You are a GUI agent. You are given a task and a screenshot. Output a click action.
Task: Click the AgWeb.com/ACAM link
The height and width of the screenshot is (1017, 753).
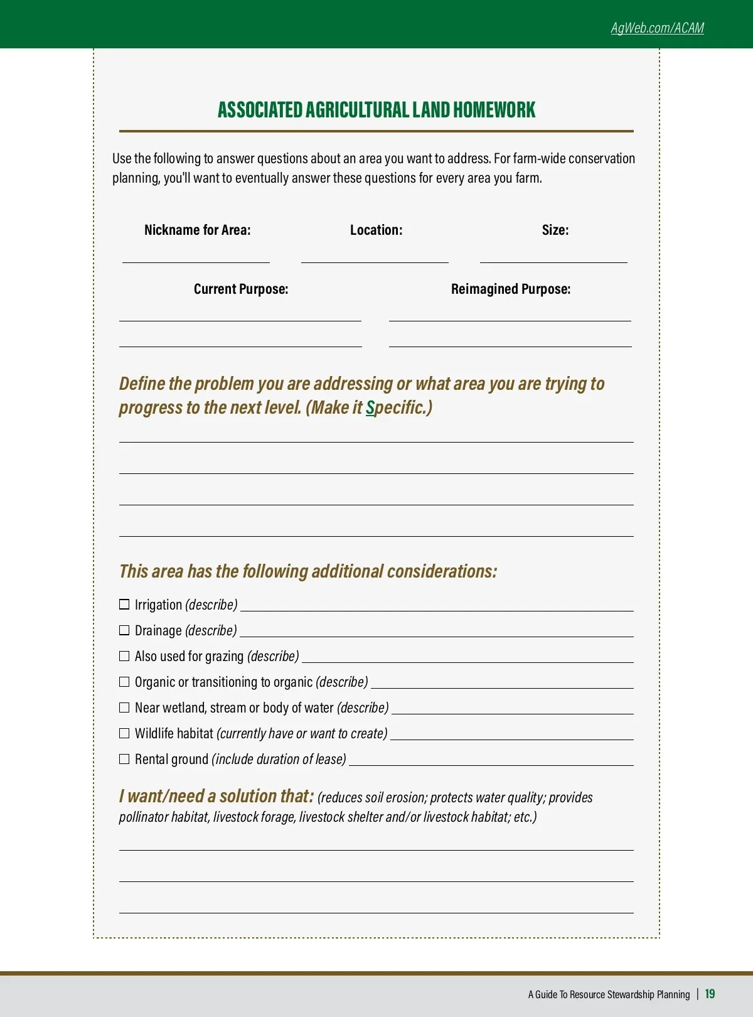click(x=657, y=28)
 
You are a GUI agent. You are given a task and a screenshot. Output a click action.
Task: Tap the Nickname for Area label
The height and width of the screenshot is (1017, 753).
click(x=197, y=230)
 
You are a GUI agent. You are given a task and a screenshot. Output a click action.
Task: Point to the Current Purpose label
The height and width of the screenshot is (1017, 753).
click(x=241, y=289)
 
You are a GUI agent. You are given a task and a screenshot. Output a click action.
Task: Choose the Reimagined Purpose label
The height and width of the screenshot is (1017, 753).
click(x=511, y=289)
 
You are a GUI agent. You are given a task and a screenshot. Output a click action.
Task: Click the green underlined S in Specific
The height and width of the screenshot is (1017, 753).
click(x=370, y=408)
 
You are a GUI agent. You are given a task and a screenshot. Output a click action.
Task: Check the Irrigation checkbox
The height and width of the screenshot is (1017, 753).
click(x=124, y=605)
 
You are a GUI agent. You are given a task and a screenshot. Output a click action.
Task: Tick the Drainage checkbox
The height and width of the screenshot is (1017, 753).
click(x=124, y=630)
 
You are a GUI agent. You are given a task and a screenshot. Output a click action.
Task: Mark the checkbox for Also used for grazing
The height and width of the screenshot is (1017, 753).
click(x=124, y=656)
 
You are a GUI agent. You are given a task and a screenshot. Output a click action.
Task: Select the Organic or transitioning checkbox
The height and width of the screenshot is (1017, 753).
click(x=124, y=682)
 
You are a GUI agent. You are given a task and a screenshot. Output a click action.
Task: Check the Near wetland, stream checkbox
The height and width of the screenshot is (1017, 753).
click(x=124, y=708)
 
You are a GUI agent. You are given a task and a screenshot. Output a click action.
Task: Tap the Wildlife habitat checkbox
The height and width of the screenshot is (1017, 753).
click(x=124, y=733)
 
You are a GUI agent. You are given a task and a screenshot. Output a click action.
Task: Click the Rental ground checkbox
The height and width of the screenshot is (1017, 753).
click(x=124, y=759)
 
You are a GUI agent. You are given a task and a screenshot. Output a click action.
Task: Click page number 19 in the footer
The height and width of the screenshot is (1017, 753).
click(x=710, y=994)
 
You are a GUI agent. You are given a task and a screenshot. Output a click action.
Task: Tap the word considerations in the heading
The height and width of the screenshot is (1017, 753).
click(x=442, y=571)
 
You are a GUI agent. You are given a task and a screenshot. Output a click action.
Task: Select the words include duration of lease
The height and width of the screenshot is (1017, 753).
click(x=279, y=760)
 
